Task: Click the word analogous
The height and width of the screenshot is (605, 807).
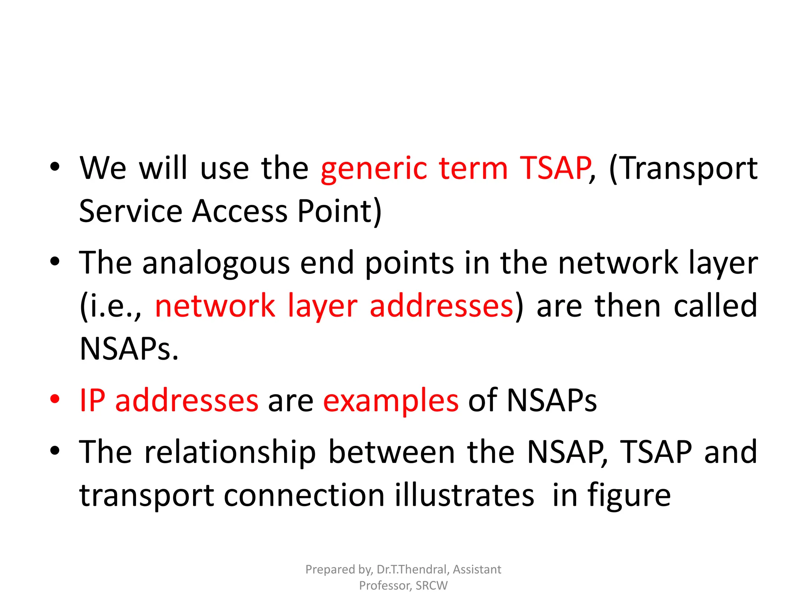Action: point(216,264)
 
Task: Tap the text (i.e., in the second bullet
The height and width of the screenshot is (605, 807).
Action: point(110,306)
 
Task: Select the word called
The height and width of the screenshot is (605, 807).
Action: point(715,306)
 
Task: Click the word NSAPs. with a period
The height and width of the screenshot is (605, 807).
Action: point(129,349)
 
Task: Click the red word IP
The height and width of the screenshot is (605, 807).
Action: point(92,401)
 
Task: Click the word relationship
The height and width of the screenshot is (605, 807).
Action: point(230,453)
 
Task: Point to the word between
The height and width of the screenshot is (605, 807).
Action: point(392,452)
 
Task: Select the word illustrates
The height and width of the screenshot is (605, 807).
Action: point(465,495)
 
